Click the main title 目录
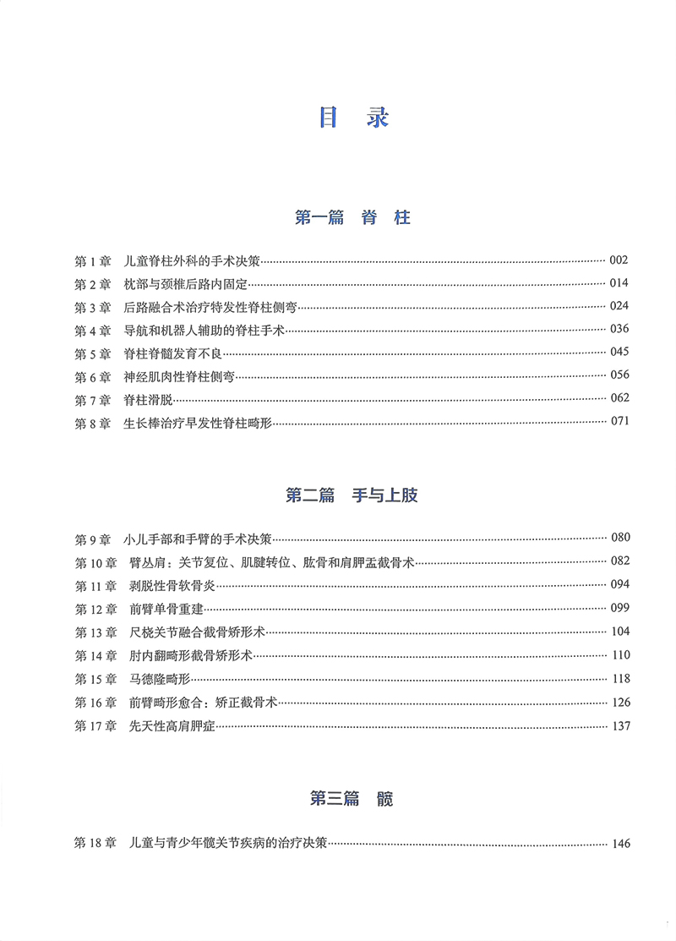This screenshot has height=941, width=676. click(x=353, y=118)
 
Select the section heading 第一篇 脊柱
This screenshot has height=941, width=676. click(x=352, y=218)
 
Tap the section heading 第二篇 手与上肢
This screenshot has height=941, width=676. click(x=352, y=495)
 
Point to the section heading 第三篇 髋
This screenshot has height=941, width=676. click(x=352, y=798)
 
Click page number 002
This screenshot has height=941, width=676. click(x=619, y=260)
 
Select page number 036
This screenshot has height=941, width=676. click(x=619, y=330)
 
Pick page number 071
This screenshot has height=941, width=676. click(x=619, y=423)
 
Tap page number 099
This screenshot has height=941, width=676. click(x=619, y=608)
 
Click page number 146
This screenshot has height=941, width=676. click(x=619, y=843)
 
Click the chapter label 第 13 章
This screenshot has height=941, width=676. click(x=95, y=632)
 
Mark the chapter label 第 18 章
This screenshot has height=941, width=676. click(x=95, y=843)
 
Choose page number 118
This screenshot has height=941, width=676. click(x=619, y=678)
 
